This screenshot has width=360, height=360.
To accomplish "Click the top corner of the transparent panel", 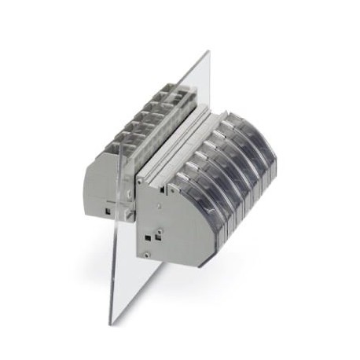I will [x=208, y=53].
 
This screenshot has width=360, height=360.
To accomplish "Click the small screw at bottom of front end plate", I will [x=146, y=254].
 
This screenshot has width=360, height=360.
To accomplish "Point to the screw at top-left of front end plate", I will [x=141, y=182].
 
